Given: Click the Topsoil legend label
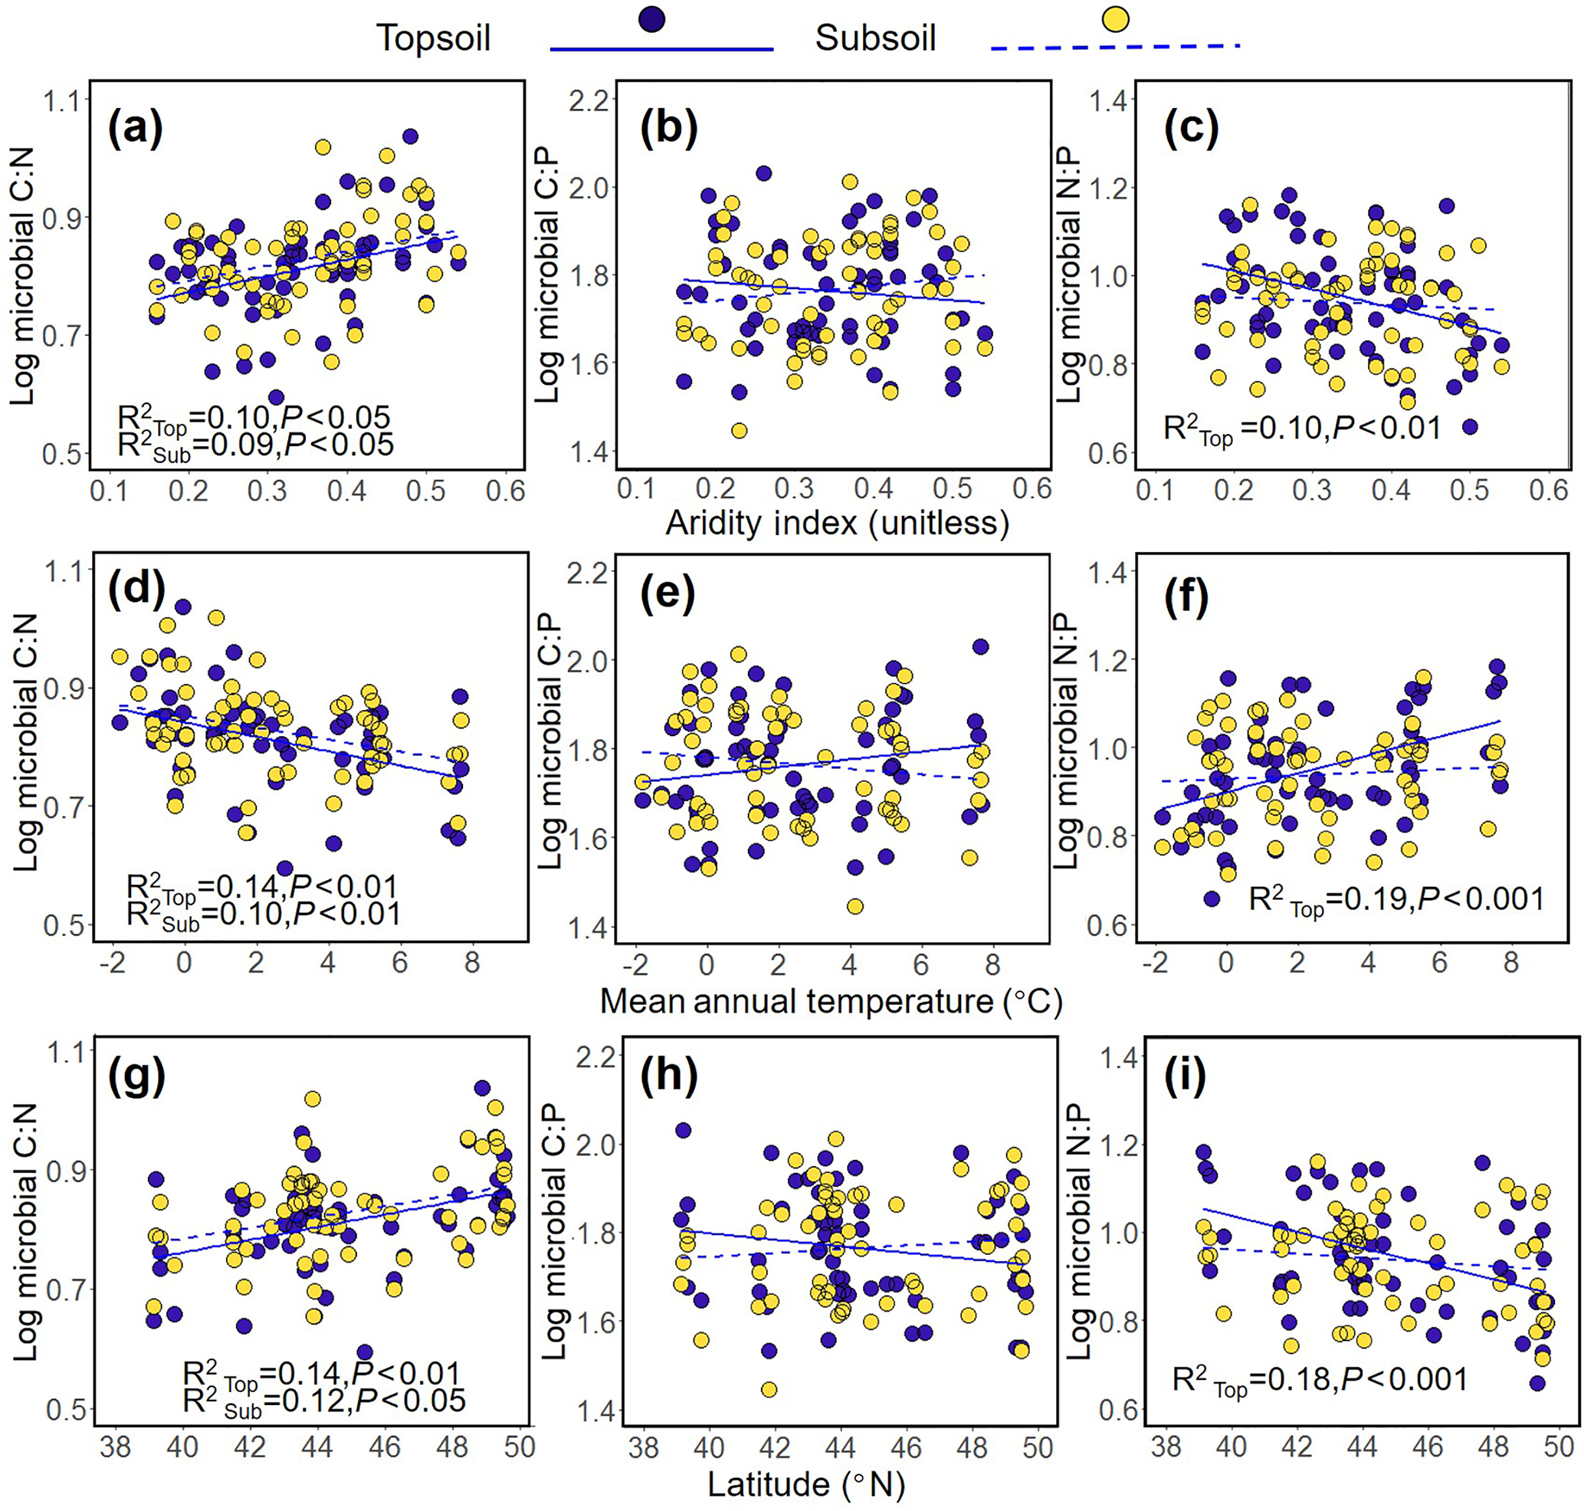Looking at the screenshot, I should pyautogui.click(x=433, y=38).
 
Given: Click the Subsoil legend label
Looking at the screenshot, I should pyautogui.click(x=875, y=38).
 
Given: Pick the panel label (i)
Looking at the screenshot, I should pyautogui.click(x=1185, y=1079).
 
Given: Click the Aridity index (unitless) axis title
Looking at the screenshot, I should pyautogui.click(x=837, y=524).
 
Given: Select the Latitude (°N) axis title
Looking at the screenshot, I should pyautogui.click(x=806, y=1483).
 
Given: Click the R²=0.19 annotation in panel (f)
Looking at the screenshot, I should pyautogui.click(x=1395, y=899).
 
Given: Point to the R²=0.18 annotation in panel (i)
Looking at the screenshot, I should pyautogui.click(x=1320, y=1381).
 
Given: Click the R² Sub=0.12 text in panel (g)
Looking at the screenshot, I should pyautogui.click(x=323, y=1402).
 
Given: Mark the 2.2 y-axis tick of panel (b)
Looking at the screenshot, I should pyautogui.click(x=592, y=100).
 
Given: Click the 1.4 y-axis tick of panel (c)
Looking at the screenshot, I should pyautogui.click(x=1112, y=100).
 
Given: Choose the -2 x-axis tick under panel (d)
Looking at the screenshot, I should pyautogui.click(x=113, y=964).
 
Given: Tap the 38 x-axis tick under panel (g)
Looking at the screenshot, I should pyautogui.click(x=115, y=1447).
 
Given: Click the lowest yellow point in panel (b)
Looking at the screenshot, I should pyautogui.click(x=739, y=431).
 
